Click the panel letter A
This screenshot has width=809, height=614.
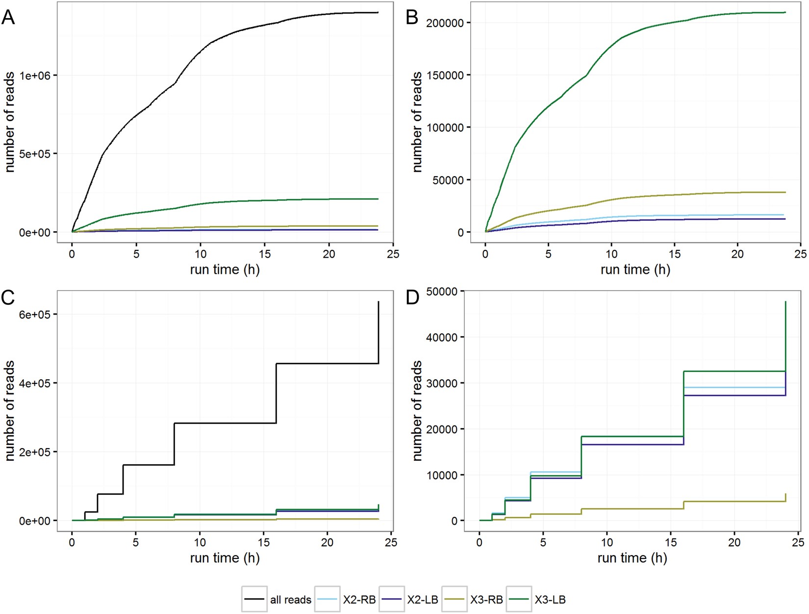click(x=8, y=18)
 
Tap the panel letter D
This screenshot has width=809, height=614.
click(x=412, y=298)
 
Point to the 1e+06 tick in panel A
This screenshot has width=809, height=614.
click(x=36, y=76)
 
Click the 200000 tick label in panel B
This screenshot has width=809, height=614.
click(x=445, y=23)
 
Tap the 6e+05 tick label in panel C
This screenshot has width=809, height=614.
click(x=36, y=315)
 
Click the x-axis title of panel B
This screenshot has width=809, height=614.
click(x=635, y=269)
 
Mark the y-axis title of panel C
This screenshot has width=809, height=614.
click(x=10, y=411)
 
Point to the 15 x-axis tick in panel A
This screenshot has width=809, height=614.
click(x=265, y=254)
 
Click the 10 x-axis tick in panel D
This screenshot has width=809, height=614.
click(x=607, y=542)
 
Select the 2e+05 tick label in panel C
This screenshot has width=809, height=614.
click(x=36, y=452)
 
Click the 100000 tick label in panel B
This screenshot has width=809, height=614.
click(x=445, y=128)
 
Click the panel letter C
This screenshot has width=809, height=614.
click(x=8, y=298)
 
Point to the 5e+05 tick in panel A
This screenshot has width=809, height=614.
click(x=36, y=154)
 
